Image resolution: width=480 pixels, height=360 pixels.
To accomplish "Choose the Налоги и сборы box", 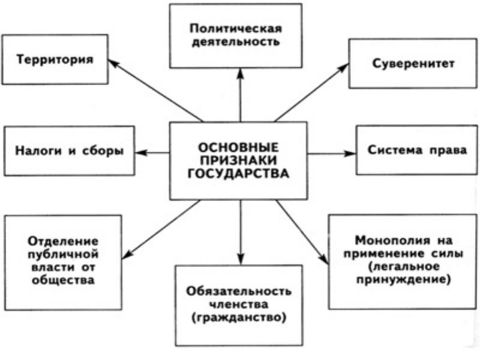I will [68, 151].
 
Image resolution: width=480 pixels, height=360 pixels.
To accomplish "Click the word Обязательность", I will [239, 292].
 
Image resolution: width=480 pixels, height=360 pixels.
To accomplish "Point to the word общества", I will [62, 280].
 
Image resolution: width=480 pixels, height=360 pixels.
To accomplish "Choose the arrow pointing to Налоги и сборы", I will [152, 153].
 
